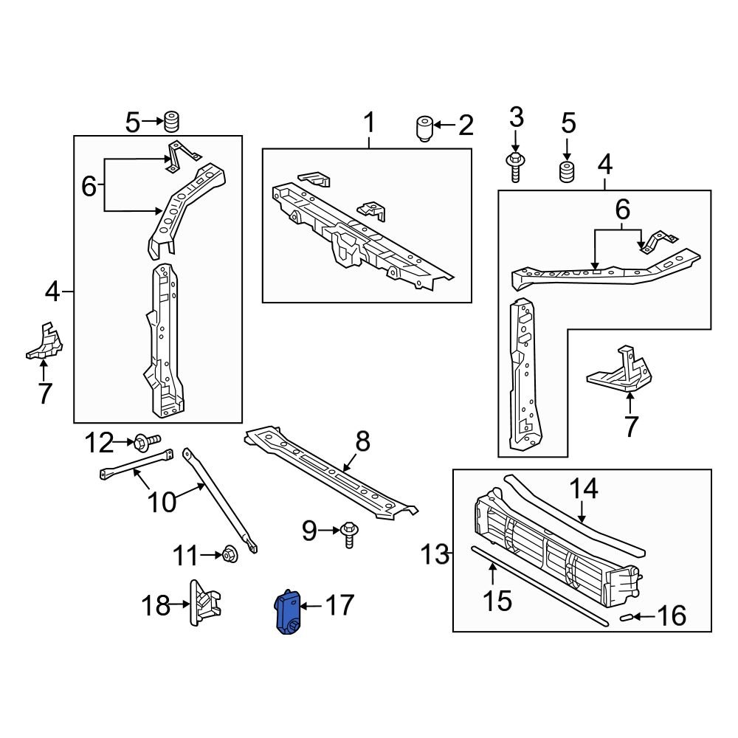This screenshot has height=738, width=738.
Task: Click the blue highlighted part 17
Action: coord(287,612)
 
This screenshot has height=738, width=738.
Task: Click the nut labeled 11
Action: coord(230,553)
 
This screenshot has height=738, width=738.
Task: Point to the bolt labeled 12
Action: coord(146,443)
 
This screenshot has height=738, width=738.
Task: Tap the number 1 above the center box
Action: coord(368,123)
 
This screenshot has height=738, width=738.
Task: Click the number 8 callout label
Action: coord(362,443)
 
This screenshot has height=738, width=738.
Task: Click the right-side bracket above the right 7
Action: coord(624,369)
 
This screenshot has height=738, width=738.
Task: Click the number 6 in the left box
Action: coord(89,187)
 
